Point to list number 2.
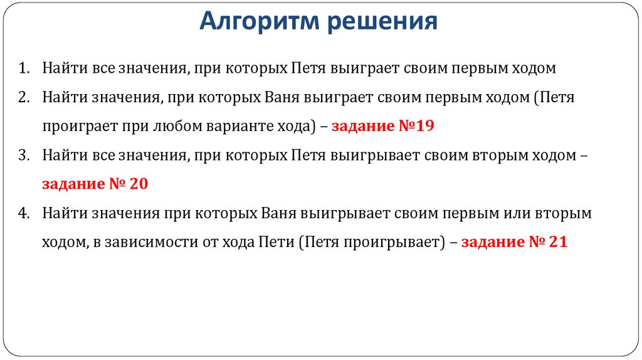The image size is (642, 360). click(23, 98)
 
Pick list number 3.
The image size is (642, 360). click(23, 156)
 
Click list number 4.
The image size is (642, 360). click(23, 213)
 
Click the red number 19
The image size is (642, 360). click(423, 126)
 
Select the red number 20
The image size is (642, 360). click(137, 184)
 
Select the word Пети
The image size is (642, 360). click(276, 243)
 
